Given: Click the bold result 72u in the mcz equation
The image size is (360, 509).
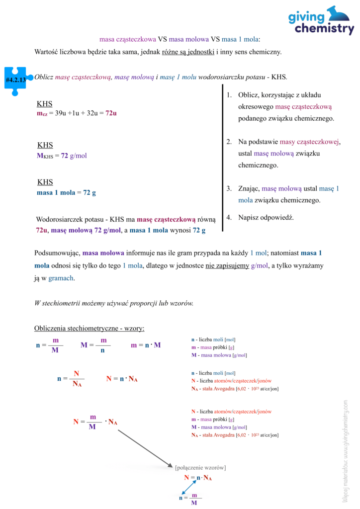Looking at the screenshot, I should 111,113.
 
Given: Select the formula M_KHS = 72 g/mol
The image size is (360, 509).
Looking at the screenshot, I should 62,156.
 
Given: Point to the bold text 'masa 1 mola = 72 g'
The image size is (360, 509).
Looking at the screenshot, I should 66,192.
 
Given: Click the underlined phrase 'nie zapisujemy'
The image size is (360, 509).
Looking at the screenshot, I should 227,266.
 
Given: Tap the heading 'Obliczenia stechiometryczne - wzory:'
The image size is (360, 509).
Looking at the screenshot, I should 89,329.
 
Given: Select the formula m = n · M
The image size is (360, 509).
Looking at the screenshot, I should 146,345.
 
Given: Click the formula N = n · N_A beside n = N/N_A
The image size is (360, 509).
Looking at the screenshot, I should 122,379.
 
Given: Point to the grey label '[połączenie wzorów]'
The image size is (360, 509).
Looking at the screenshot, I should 200,467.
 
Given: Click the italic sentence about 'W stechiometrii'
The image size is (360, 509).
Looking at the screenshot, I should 113,303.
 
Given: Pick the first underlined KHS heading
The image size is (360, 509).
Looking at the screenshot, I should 45,104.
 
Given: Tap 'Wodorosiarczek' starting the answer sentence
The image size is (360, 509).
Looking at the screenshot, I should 60,219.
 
